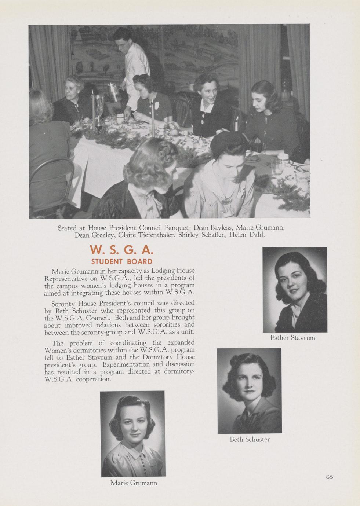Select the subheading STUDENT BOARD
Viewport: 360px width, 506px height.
pos(121,262)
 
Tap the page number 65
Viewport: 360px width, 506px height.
pos(329,477)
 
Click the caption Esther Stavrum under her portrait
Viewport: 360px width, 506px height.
pos(292,338)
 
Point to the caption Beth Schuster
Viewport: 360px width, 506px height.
pos(250,439)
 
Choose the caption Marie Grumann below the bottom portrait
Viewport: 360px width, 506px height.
pos(134,483)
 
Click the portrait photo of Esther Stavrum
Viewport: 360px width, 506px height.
pos(295,290)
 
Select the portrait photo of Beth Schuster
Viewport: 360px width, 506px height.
pos(249,390)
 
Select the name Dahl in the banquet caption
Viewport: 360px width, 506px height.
pos(257,235)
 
